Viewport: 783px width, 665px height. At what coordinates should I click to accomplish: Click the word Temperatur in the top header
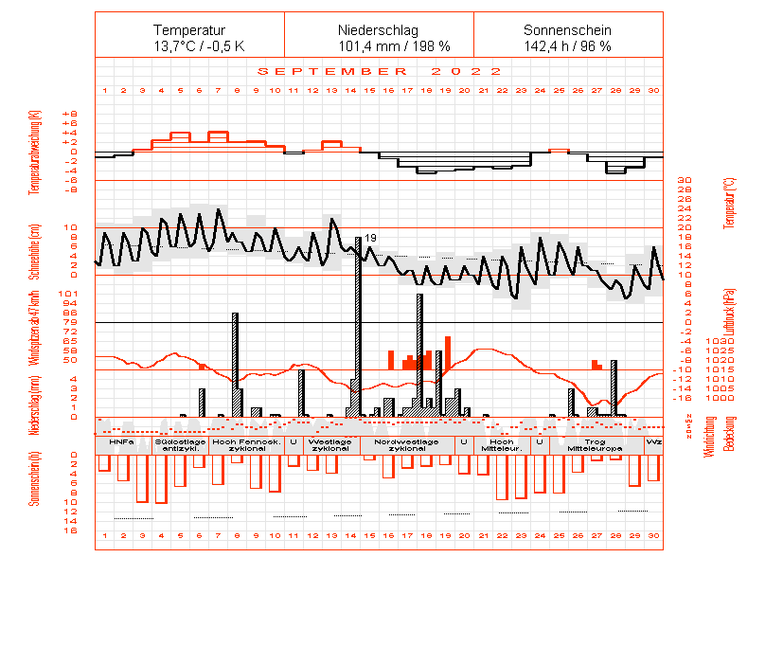pyautogui.click(x=189, y=30)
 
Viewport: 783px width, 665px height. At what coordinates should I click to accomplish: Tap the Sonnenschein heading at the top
pyautogui.click(x=567, y=30)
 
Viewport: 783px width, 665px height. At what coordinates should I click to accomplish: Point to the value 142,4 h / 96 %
pyautogui.click(x=567, y=46)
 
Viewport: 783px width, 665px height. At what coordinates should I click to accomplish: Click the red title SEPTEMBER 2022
pyautogui.click(x=380, y=72)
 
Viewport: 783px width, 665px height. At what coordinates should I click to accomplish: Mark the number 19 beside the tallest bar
pyautogui.click(x=371, y=237)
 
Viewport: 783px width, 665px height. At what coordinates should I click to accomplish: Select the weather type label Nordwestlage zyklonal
pyautogui.click(x=406, y=444)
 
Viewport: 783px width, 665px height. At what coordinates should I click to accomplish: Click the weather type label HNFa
pyautogui.click(x=121, y=441)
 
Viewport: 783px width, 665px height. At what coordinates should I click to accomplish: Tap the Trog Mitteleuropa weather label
pyautogui.click(x=595, y=444)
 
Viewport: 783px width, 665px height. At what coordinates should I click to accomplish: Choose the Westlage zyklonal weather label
pyautogui.click(x=329, y=444)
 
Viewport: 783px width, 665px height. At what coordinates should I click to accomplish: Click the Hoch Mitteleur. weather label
pyautogui.click(x=501, y=444)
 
